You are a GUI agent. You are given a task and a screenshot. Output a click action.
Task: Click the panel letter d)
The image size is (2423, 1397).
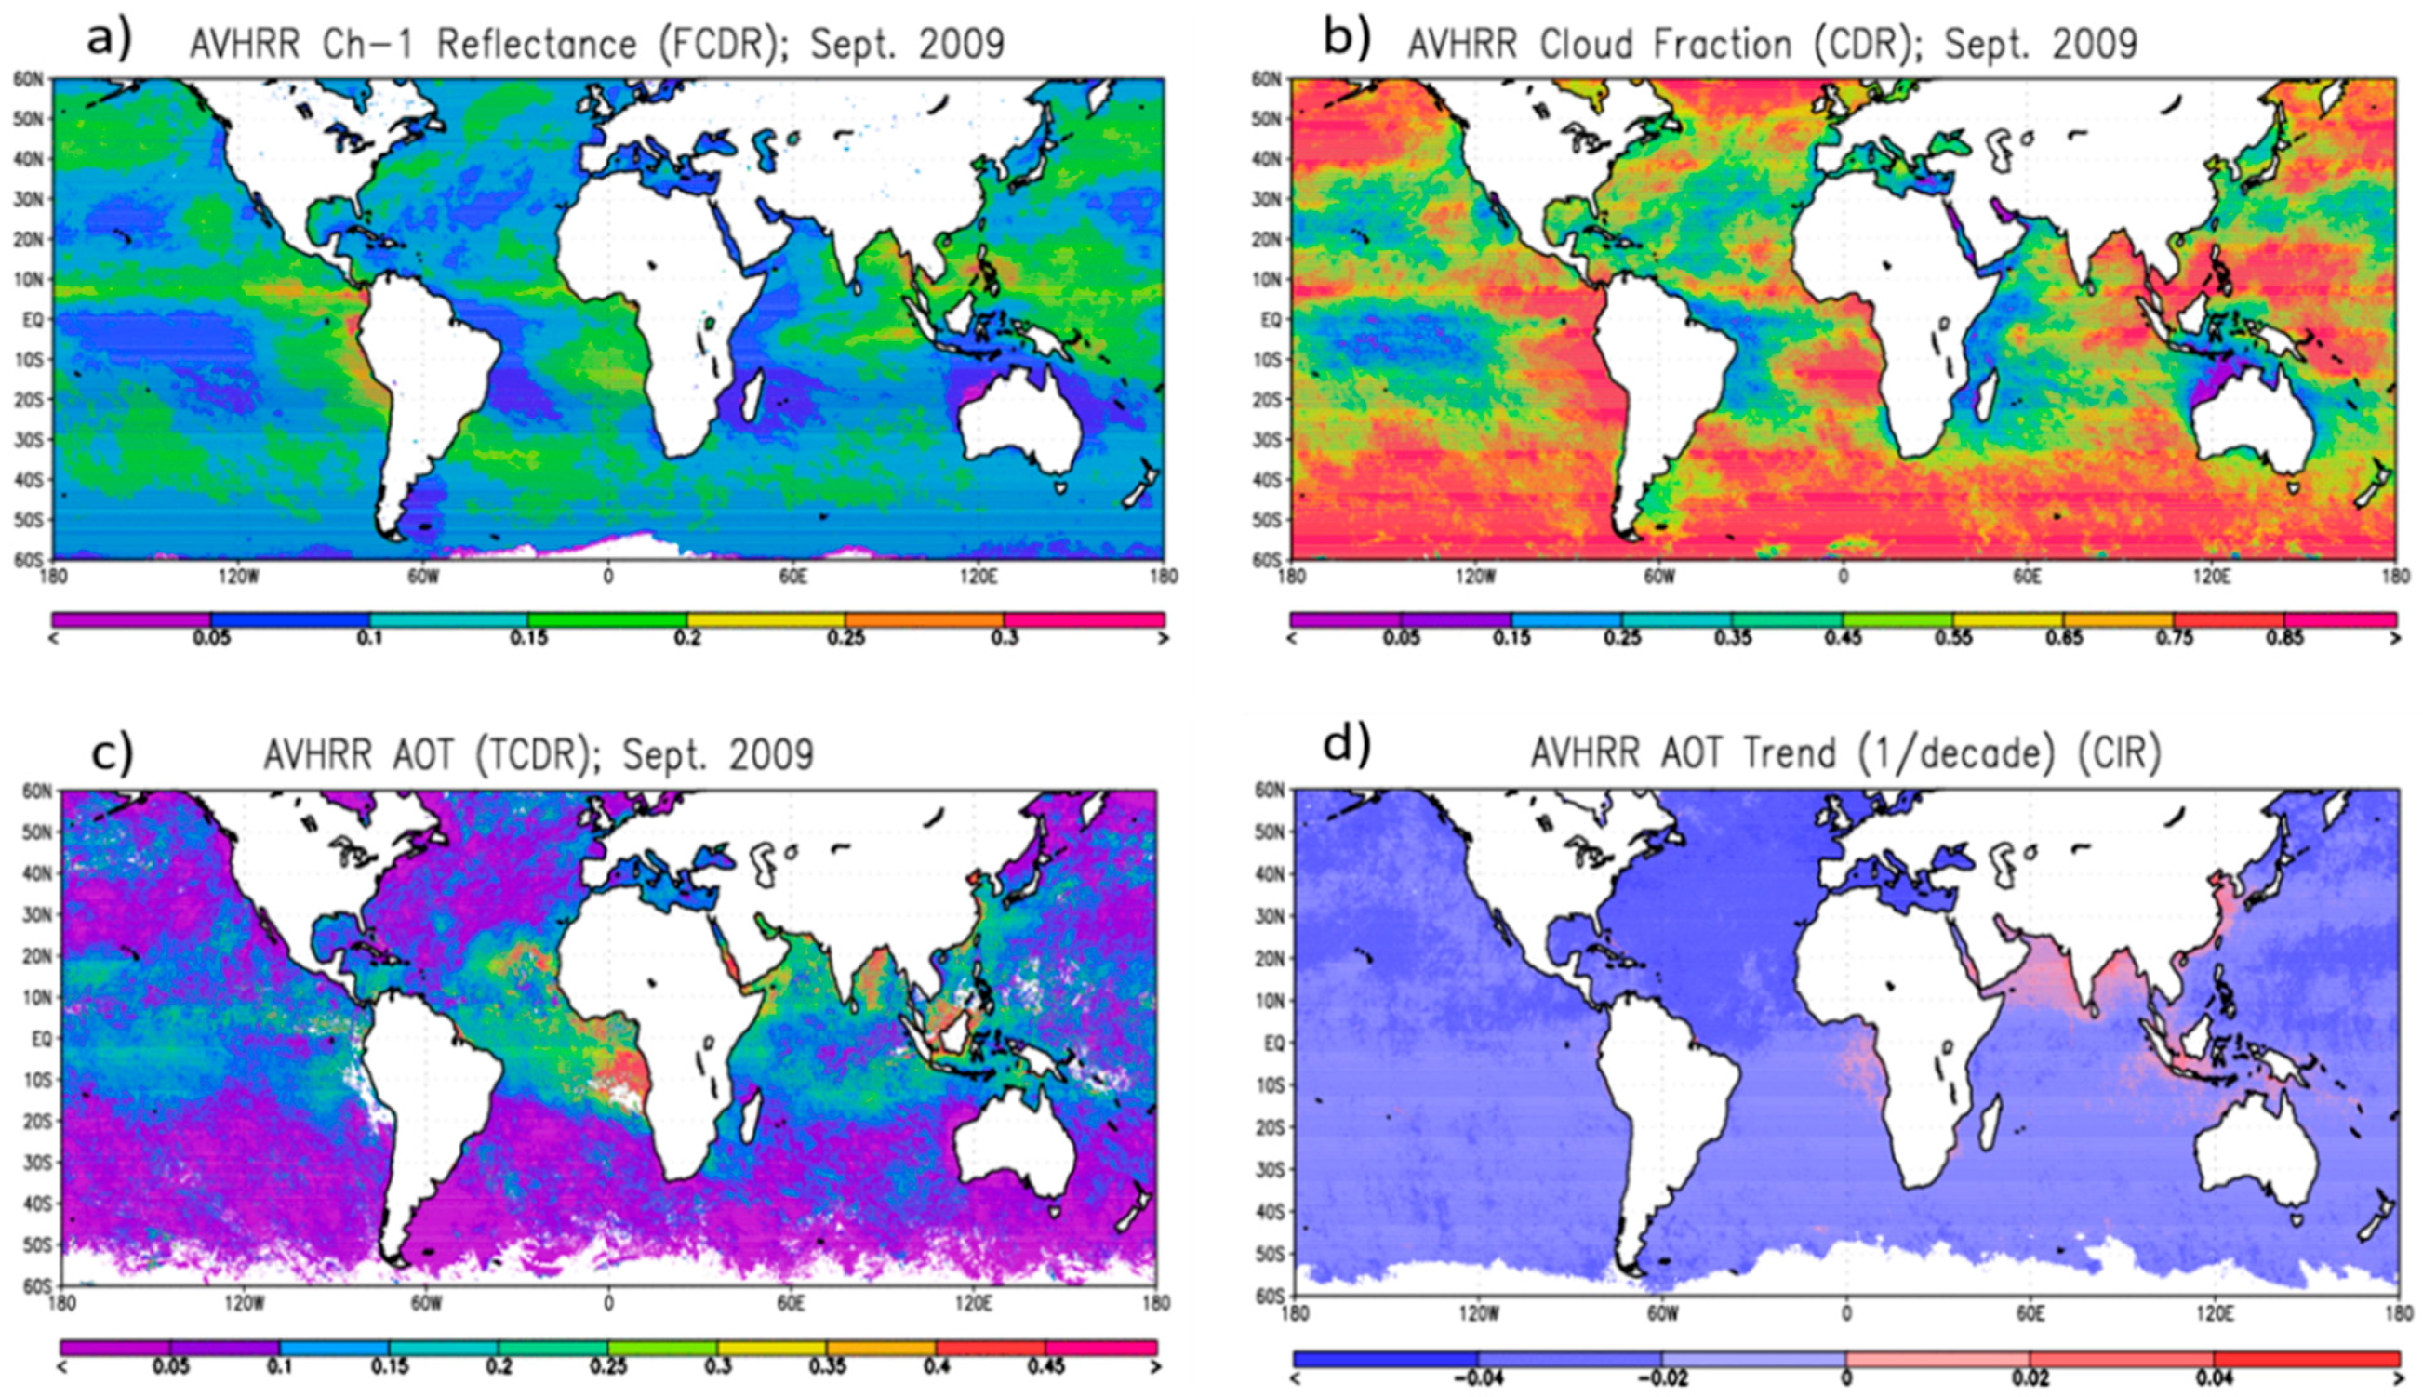[x=1346, y=743]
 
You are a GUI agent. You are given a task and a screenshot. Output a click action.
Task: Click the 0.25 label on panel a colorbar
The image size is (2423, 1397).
[x=845, y=639]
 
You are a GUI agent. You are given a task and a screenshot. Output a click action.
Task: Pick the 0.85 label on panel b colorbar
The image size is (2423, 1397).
[x=2283, y=639]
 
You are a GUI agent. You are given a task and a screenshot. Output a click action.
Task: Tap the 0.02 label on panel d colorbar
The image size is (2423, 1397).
[x=2030, y=1379]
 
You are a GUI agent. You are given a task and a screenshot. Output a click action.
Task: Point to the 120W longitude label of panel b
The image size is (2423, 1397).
[x=1475, y=577]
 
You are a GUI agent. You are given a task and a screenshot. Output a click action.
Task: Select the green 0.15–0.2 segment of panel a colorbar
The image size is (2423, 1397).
[x=607, y=620]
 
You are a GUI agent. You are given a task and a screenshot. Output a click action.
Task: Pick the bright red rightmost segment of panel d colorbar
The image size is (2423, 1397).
[x=2306, y=1359]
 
